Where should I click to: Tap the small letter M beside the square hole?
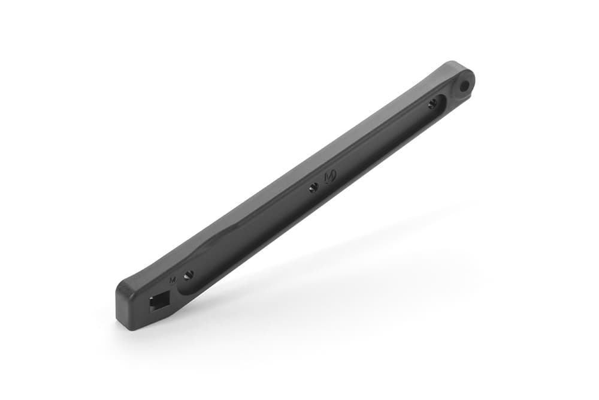click(173, 279)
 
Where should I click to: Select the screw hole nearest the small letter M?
click(189, 275)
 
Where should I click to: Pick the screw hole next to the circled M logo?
click(313, 188)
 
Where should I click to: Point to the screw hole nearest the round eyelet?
click(432, 104)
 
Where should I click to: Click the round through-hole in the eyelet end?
click(465, 86)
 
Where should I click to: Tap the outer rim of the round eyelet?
click(472, 77)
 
